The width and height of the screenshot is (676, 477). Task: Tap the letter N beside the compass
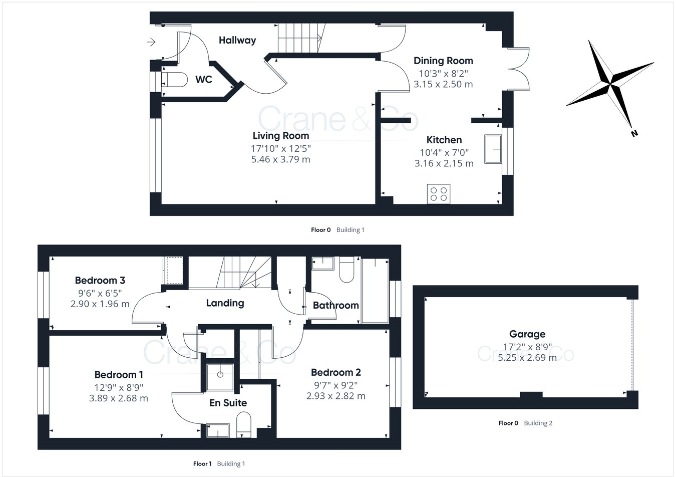[634, 133]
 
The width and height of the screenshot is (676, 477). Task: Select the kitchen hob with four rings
[439, 193]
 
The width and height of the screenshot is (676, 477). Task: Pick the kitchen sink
[493, 149]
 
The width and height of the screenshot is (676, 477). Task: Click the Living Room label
[280, 135]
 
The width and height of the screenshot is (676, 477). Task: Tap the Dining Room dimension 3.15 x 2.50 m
[443, 84]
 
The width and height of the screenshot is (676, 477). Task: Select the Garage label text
[527, 334]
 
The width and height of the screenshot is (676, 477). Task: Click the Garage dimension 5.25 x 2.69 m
[527, 357]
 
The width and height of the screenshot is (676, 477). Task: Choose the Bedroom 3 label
[100, 280]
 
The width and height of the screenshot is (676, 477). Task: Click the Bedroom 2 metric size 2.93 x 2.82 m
[335, 396]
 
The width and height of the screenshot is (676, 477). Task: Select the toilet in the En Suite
[243, 423]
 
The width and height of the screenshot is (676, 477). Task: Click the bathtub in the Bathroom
[375, 291]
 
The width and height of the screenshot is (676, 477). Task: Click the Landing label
[225, 303]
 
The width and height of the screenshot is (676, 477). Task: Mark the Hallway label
[237, 40]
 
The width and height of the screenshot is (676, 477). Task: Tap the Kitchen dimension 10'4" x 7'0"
[444, 152]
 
